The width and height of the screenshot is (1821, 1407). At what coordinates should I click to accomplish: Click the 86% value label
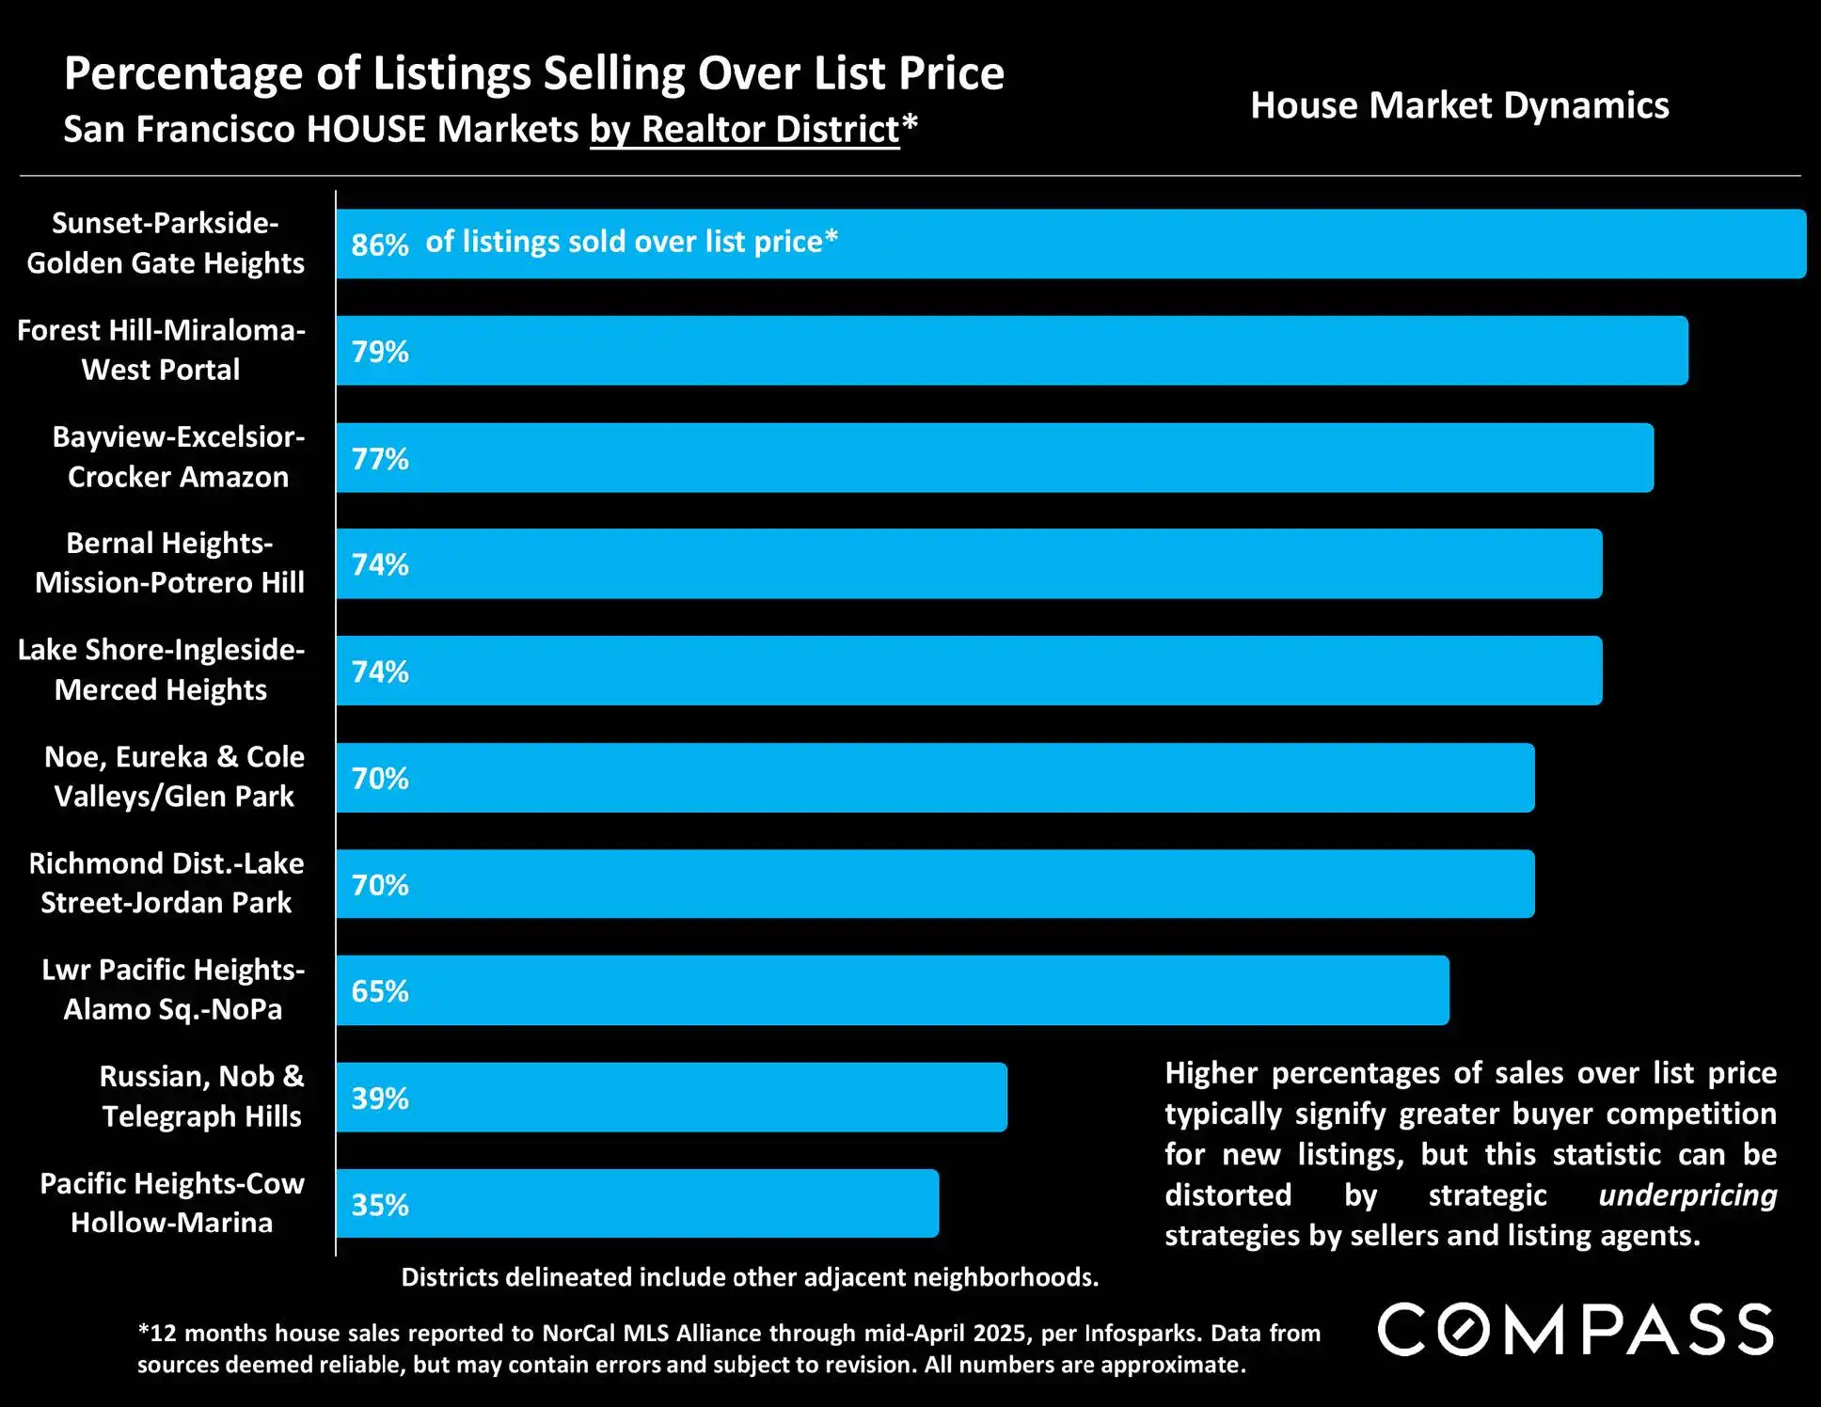point(380,245)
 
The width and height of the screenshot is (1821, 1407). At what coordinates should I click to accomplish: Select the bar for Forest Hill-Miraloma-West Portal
point(1011,351)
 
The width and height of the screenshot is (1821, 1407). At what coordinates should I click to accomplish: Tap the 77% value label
point(380,459)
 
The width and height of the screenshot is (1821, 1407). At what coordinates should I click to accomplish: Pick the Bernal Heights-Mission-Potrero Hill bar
point(969,564)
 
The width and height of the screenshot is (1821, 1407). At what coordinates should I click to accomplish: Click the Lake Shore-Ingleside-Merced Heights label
point(161,670)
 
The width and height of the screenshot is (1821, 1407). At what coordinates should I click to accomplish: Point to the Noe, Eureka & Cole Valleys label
point(174,777)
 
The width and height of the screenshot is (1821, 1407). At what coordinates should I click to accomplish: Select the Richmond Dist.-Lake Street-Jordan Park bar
point(935,884)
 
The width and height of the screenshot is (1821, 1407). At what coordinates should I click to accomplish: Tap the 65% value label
point(380,991)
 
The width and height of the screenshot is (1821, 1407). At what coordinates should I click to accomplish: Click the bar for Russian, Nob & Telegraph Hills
point(672,1098)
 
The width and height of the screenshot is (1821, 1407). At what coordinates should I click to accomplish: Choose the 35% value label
point(380,1205)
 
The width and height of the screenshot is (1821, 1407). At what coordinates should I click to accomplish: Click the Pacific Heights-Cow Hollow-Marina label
point(172,1203)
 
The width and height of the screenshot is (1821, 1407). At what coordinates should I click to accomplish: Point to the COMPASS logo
point(1576,1330)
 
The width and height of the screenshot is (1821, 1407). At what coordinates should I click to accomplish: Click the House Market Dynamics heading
point(1459,106)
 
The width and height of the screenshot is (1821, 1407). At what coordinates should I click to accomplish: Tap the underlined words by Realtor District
point(745,130)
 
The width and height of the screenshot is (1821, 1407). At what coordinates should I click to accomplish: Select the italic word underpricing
point(1687,1195)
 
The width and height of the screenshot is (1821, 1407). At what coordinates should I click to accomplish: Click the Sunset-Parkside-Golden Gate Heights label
point(166,243)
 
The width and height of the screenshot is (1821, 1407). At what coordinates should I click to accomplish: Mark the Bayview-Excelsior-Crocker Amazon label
point(178,457)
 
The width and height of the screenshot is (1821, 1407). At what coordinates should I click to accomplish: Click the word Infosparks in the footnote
point(1141,1334)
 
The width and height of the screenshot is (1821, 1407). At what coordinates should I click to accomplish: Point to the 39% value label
point(380,1099)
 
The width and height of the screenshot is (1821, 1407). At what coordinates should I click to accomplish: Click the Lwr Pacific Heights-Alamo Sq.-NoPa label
point(173,989)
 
